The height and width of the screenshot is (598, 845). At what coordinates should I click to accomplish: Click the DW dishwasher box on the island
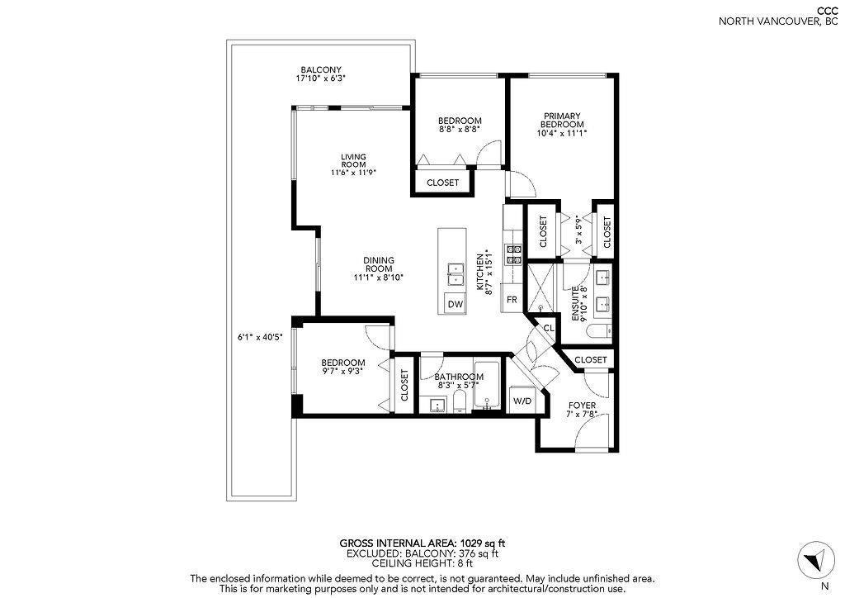tap(456, 304)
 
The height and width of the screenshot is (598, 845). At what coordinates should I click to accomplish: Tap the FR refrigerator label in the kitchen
tap(512, 299)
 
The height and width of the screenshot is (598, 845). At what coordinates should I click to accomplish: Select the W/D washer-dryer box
tap(522, 401)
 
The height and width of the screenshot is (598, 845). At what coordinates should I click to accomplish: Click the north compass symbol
tap(814, 560)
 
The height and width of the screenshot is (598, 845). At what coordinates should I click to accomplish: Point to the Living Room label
tap(353, 161)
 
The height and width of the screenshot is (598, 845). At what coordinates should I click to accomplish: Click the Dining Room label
tap(379, 264)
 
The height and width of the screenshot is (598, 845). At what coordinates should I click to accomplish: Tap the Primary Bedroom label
tap(562, 120)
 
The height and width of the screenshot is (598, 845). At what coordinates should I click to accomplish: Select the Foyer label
tap(582, 406)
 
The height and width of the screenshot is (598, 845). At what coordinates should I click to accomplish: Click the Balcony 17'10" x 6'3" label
tap(321, 74)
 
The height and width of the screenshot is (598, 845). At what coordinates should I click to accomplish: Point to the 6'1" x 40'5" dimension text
tap(260, 338)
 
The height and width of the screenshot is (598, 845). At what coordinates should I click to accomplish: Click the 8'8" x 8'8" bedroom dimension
tap(459, 130)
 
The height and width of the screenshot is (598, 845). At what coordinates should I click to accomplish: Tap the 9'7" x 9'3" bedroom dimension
tap(343, 371)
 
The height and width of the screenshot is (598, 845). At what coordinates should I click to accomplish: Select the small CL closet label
tap(549, 328)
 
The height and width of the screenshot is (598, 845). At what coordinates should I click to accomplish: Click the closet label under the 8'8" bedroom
tap(442, 183)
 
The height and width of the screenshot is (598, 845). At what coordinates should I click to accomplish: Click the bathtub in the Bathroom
tap(487, 385)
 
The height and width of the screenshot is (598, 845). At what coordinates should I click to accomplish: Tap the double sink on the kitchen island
tap(456, 274)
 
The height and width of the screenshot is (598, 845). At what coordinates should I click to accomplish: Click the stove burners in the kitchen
tap(513, 254)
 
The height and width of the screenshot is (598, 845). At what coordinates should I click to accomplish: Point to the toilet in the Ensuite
tap(598, 330)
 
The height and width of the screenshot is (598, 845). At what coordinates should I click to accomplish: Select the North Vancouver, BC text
tap(779, 22)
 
